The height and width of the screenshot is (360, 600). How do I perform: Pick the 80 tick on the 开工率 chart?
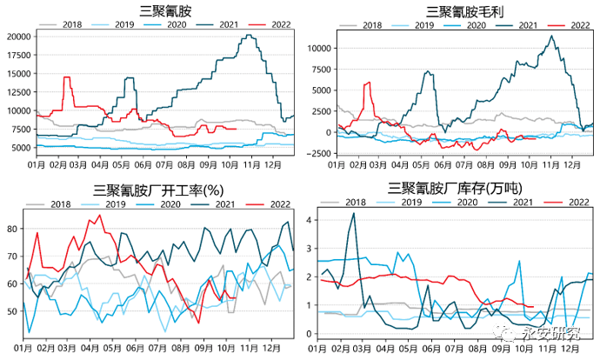coord(12,229)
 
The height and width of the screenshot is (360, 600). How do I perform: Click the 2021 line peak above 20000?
coord(250,36)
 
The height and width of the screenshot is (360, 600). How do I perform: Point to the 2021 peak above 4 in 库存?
coord(353,213)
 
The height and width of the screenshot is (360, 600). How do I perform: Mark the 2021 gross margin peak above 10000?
coord(551,37)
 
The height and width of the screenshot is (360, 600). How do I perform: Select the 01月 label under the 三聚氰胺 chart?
coord(37,163)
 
